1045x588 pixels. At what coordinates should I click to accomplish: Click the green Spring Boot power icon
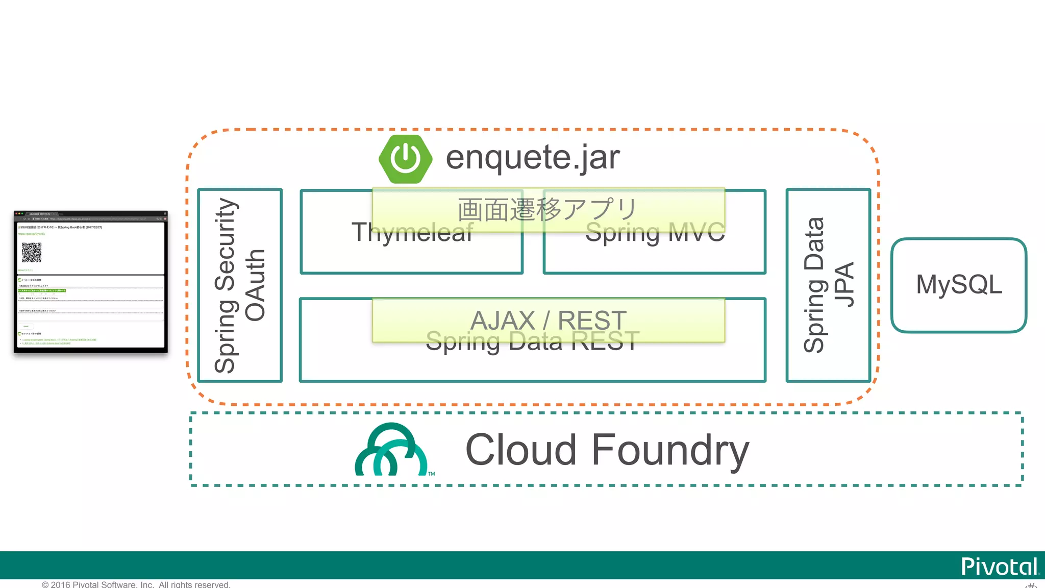pos(405,159)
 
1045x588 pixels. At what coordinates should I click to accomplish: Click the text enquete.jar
pos(533,158)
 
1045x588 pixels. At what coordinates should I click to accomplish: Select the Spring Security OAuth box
pos(240,285)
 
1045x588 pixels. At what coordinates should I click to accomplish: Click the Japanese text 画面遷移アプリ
pos(548,209)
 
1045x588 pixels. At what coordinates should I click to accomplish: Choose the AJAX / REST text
pos(548,320)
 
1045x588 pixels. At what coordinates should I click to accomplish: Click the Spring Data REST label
pos(533,341)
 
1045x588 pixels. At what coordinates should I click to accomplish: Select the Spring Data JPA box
pos(828,285)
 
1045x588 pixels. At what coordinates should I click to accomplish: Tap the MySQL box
pos(958,285)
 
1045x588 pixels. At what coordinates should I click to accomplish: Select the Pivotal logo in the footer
pos(999,567)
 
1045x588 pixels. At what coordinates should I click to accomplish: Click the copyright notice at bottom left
pos(136,584)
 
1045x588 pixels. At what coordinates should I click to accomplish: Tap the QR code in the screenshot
pos(32,252)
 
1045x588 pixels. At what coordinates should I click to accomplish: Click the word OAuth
pos(255,285)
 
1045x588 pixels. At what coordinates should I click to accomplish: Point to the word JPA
pos(843,285)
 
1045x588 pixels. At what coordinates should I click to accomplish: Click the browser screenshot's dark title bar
pos(90,214)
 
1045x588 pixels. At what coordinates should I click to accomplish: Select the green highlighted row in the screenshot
pos(42,290)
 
